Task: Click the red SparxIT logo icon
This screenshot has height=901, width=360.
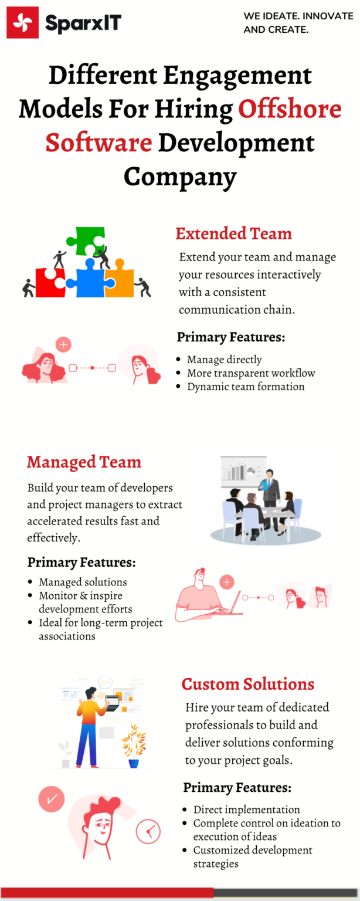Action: pyautogui.click(x=22, y=22)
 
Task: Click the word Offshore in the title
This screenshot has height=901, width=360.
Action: pyautogui.click(x=290, y=109)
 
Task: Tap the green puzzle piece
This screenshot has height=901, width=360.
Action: pyautogui.click(x=86, y=241)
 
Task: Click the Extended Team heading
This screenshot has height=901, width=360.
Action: pyautogui.click(x=234, y=233)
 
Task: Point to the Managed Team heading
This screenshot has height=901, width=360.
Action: pyautogui.click(x=84, y=462)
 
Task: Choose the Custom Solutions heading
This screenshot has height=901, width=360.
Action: pyautogui.click(x=248, y=684)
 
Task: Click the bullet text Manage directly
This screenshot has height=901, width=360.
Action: pyautogui.click(x=225, y=359)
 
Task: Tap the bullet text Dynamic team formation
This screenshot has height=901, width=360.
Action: pyautogui.click(x=246, y=387)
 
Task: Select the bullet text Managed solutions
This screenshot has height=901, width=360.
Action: pyautogui.click(x=83, y=582)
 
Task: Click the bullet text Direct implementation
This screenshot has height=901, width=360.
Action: pyautogui.click(x=247, y=809)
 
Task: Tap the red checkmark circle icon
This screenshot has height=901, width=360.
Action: pyautogui.click(x=52, y=799)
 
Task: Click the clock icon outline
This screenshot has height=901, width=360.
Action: pyautogui.click(x=148, y=831)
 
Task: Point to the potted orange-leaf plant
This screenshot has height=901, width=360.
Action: pyautogui.click(x=134, y=746)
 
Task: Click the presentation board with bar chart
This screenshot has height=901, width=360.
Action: pyautogui.click(x=243, y=470)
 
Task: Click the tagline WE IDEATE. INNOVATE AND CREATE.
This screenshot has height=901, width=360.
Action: pyautogui.click(x=298, y=22)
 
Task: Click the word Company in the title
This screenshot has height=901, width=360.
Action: pyautogui.click(x=180, y=177)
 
